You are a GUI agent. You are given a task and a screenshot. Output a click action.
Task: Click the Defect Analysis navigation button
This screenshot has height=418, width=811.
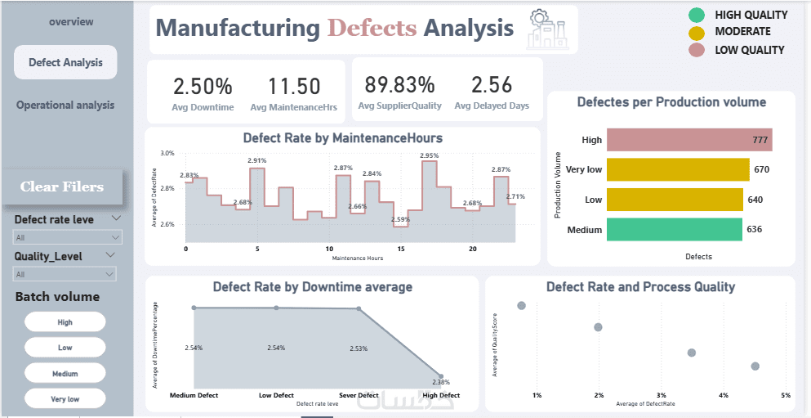[x=65, y=62]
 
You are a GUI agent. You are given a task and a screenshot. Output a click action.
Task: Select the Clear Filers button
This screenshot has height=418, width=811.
[x=62, y=187]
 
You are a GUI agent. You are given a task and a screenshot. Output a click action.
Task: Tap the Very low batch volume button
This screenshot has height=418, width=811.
[x=65, y=399]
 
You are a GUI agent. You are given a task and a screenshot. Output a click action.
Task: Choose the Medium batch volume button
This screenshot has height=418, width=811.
[x=65, y=373]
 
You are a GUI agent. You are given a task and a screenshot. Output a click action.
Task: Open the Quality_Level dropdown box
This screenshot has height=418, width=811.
[x=65, y=275]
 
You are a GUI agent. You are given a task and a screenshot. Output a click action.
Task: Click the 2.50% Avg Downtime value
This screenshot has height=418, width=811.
[x=203, y=86]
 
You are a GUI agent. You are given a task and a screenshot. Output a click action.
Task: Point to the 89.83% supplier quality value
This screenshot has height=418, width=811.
[x=399, y=85]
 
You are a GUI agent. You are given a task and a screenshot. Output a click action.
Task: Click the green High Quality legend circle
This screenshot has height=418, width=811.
[x=697, y=15]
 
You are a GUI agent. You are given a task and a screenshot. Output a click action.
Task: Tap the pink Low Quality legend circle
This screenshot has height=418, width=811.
[x=697, y=50]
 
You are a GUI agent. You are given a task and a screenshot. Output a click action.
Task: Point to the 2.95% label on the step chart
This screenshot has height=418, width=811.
[x=429, y=155]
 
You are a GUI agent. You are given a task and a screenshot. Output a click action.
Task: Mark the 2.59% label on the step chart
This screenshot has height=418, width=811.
[x=400, y=219]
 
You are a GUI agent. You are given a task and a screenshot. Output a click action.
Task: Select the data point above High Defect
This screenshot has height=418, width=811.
[x=442, y=375]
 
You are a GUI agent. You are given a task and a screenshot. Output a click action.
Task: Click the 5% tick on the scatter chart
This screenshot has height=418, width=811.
[x=786, y=396]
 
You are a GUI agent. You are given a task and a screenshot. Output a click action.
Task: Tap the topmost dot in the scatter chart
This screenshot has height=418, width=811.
[x=522, y=305]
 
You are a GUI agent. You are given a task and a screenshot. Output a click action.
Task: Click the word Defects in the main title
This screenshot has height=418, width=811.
[x=372, y=29]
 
